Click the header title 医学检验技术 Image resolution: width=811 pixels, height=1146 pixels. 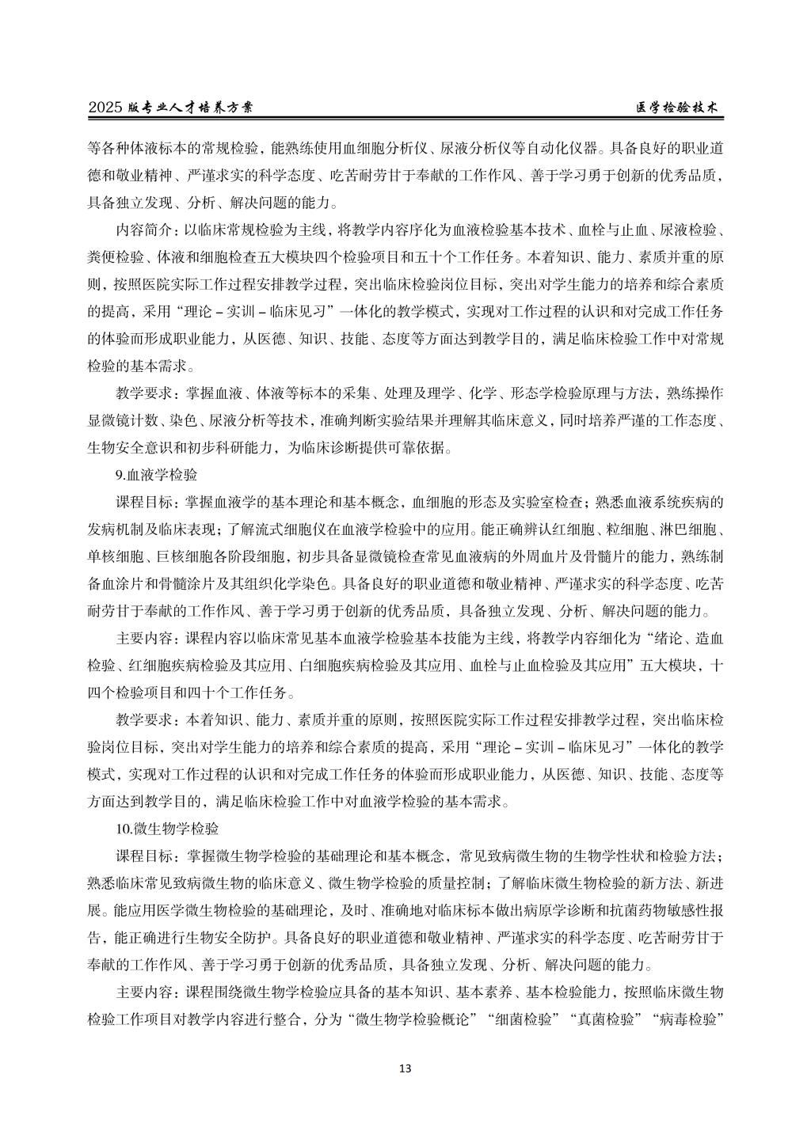tap(680, 108)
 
